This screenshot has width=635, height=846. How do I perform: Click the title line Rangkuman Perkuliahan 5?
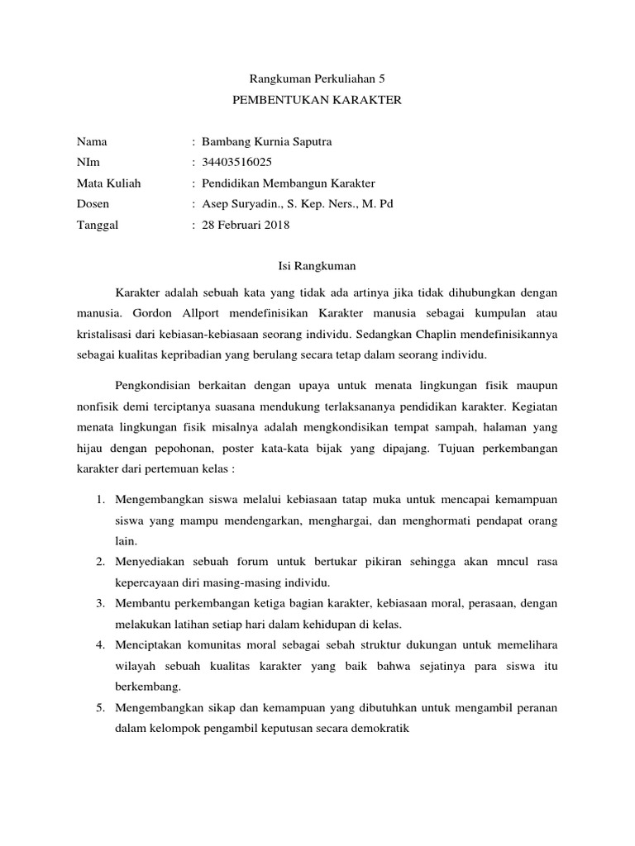pyautogui.click(x=317, y=79)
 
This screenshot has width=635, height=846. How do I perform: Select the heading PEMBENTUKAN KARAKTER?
pyautogui.click(x=317, y=100)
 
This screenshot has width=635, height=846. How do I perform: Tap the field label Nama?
pyautogui.click(x=92, y=141)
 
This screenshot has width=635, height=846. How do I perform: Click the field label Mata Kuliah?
pyautogui.click(x=108, y=183)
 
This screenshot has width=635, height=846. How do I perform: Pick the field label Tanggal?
pyautogui.click(x=98, y=224)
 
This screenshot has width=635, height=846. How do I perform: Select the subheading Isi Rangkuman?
pyautogui.click(x=317, y=266)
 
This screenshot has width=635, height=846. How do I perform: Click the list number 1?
pyautogui.click(x=100, y=500)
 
